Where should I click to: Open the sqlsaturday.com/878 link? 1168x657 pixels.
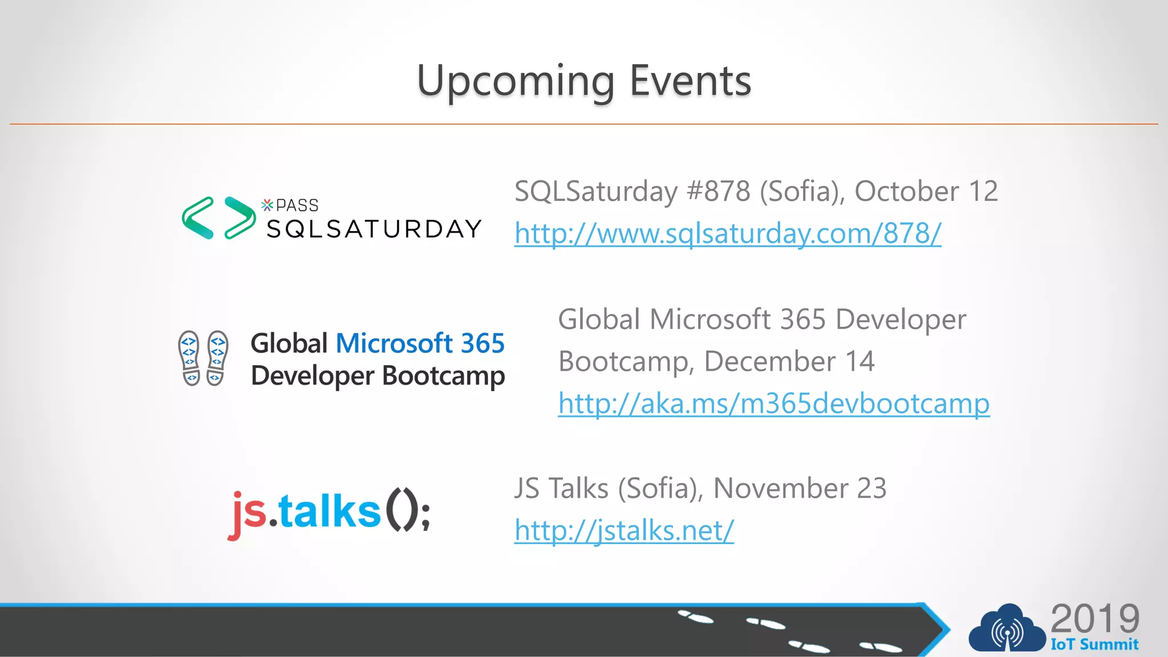tap(728, 233)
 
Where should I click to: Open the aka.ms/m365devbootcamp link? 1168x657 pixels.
tap(773, 404)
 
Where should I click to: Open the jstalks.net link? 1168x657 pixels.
tap(624, 530)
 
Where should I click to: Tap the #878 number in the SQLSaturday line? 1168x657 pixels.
tap(719, 191)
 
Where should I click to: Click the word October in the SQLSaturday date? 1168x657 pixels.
tap(906, 191)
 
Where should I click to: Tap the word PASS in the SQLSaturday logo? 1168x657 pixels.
tap(297, 205)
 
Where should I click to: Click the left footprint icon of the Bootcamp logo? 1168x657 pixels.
tap(190, 358)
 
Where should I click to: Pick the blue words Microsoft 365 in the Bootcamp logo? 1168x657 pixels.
tap(420, 343)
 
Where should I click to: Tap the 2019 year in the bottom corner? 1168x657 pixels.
tap(1094, 618)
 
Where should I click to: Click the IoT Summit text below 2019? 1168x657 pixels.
tap(1094, 644)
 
